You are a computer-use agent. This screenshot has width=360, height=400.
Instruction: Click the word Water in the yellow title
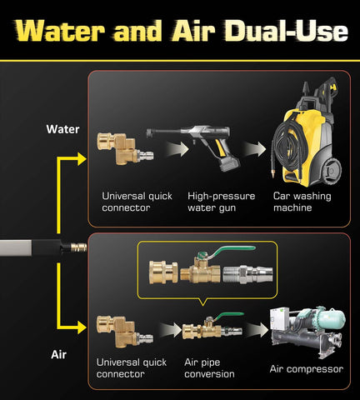(60, 30)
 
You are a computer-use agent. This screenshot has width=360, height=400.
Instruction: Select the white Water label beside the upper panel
(62, 129)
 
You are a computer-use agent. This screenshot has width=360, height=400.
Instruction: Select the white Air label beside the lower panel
(59, 355)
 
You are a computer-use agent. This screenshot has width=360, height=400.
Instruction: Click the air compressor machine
(308, 331)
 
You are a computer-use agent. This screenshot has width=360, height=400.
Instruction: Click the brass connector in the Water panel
(124, 148)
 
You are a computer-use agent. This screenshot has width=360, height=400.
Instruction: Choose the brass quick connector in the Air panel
(124, 332)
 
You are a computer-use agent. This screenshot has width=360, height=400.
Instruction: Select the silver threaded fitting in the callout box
(247, 274)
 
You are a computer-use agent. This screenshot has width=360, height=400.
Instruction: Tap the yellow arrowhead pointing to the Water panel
(82, 159)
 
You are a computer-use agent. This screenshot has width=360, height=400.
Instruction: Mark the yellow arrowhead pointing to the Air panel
(82, 327)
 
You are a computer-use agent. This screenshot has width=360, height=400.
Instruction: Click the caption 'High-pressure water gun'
(221, 202)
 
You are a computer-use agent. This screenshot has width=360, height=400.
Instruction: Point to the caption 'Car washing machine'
(302, 202)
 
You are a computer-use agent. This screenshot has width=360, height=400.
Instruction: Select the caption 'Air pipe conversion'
(209, 368)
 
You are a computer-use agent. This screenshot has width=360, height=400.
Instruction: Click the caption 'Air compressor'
(307, 369)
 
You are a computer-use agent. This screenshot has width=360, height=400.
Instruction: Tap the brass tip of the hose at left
(78, 247)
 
